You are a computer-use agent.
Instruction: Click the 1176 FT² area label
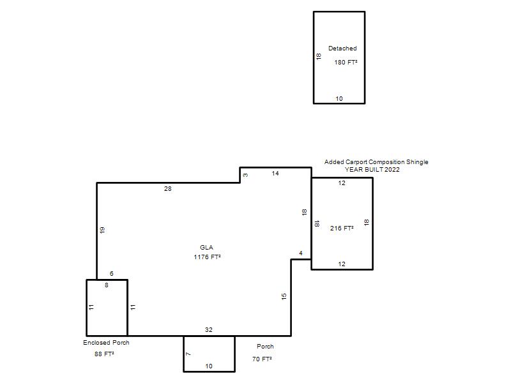click(x=207, y=257)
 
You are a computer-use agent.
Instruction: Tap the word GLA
click(x=206, y=248)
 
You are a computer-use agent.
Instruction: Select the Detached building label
click(x=342, y=49)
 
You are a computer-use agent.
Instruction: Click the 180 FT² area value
click(x=346, y=62)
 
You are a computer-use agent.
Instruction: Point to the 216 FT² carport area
click(x=342, y=229)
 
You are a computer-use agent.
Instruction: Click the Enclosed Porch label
click(x=106, y=343)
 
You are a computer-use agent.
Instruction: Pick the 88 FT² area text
click(x=104, y=354)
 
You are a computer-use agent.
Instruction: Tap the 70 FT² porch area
click(x=262, y=359)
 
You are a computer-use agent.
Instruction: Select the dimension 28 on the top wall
click(x=168, y=188)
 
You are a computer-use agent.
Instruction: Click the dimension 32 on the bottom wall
click(x=209, y=329)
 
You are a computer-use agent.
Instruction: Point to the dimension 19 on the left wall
click(x=102, y=230)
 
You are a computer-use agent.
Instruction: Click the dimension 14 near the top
click(x=275, y=173)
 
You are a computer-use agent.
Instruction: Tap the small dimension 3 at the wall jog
click(x=245, y=175)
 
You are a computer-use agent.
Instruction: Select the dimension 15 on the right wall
click(x=284, y=296)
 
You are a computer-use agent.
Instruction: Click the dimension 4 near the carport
click(x=301, y=253)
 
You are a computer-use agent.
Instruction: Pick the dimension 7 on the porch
click(x=188, y=354)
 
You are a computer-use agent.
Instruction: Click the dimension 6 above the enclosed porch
click(x=112, y=274)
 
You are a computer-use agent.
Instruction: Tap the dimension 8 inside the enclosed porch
click(x=107, y=285)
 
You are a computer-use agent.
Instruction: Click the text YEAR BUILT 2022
click(x=372, y=169)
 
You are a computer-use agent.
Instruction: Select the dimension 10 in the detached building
click(x=339, y=99)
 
